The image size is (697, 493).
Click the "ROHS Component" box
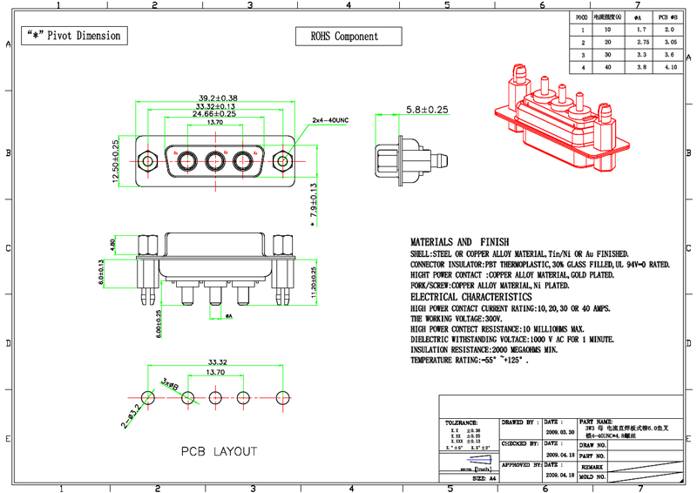pyautogui.click(x=344, y=37)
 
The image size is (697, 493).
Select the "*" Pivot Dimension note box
pyautogui.click(x=73, y=36)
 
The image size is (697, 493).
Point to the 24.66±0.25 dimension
pyautogui.click(x=214, y=113)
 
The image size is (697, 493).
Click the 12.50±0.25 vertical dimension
pyautogui.click(x=115, y=161)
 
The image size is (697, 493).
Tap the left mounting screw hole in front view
pyautogui.click(x=147, y=161)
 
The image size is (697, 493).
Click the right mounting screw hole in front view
pyautogui.click(x=283, y=161)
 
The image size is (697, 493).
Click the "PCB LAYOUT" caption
pyautogui.click(x=219, y=451)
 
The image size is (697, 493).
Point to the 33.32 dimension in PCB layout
pyautogui.click(x=216, y=361)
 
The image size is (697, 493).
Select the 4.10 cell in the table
pyautogui.click(x=670, y=66)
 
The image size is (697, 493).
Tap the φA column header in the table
pyautogui.click(x=639, y=17)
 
